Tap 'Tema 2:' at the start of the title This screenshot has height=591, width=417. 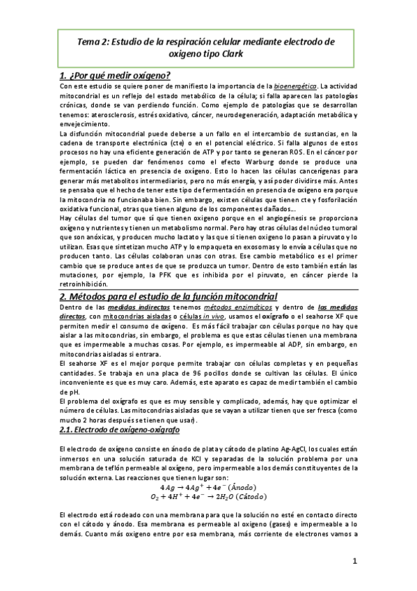[x=93, y=41]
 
